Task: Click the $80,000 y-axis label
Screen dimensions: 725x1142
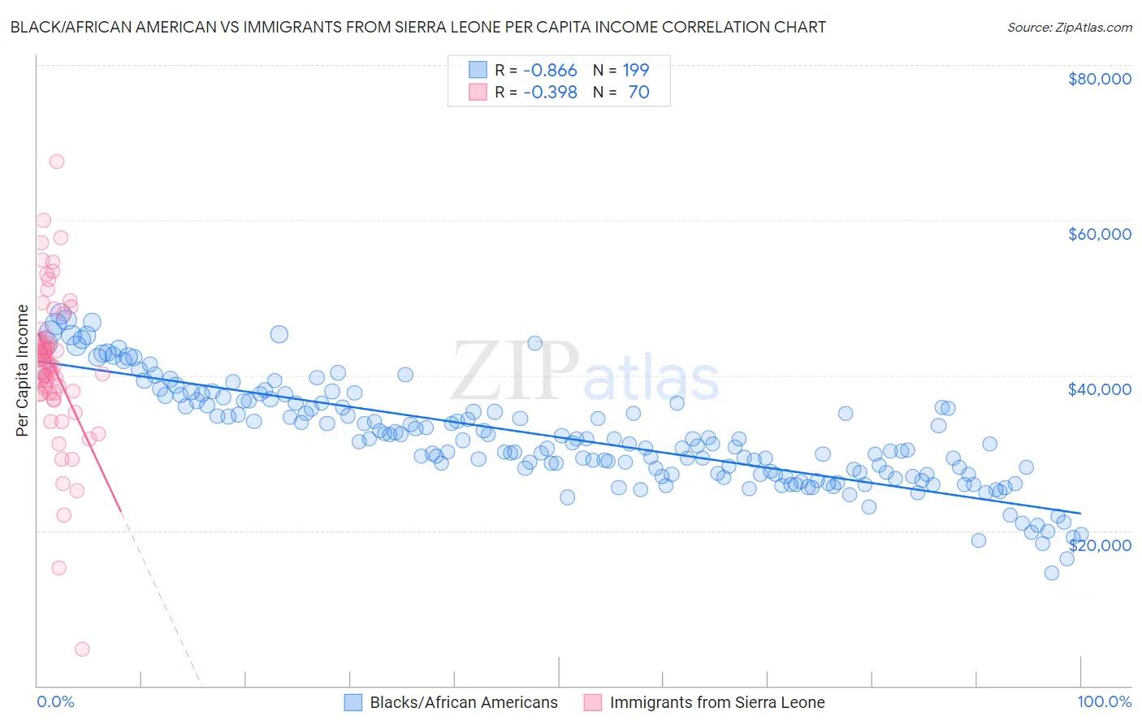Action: tap(1099, 79)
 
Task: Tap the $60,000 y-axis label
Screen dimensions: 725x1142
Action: tap(1099, 234)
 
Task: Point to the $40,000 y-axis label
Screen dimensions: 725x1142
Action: tap(1099, 389)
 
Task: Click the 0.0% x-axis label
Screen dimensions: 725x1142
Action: tap(55, 701)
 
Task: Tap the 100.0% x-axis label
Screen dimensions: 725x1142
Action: tap(1104, 701)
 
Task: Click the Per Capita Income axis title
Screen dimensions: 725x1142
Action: tap(22, 371)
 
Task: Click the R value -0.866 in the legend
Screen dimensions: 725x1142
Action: tap(550, 70)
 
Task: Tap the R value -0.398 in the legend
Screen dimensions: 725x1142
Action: tap(550, 92)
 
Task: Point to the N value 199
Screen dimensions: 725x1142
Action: tap(636, 70)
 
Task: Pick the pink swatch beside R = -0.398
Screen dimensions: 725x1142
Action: tap(478, 92)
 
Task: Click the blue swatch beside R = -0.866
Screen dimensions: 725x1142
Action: tap(478, 70)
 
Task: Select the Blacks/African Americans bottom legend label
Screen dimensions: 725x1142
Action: tap(464, 702)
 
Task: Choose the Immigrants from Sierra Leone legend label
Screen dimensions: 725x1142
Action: tap(717, 702)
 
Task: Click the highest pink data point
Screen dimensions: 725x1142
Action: tap(56, 161)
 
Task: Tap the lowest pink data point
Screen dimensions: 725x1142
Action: tap(82, 649)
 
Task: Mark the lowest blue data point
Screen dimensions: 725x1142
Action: tap(1051, 573)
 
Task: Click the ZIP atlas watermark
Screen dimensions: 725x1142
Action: tap(585, 372)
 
